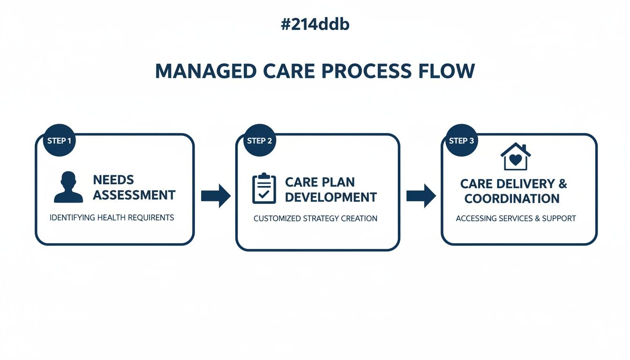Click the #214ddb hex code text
(315, 24)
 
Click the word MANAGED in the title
(205, 71)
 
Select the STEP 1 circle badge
(60, 140)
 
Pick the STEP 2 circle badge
(259, 140)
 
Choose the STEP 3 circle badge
(461, 140)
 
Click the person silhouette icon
(68, 187)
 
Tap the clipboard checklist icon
(264, 188)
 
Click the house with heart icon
(515, 157)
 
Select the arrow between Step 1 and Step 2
(215, 195)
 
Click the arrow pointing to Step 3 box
(420, 195)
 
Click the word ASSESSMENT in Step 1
(134, 195)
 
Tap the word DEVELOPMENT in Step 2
(330, 197)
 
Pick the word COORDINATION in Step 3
(511, 199)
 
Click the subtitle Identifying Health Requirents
(112, 217)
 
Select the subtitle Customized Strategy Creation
(315, 218)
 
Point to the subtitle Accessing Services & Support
(516, 218)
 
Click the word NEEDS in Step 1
(113, 180)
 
